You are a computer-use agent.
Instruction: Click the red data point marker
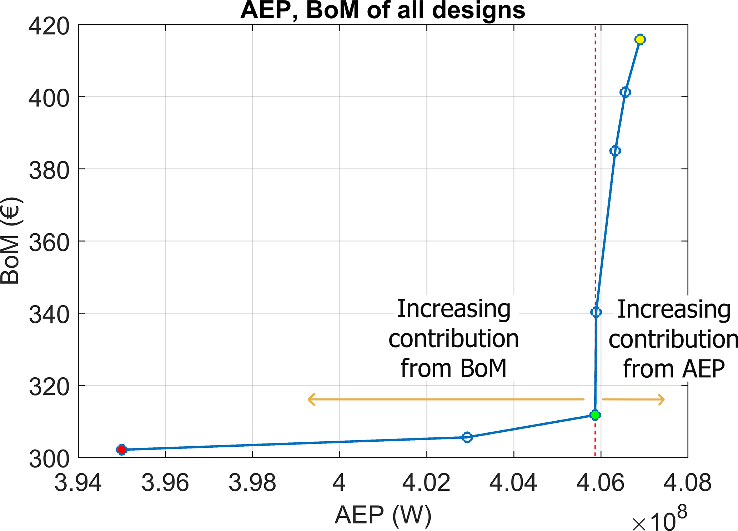[122, 449]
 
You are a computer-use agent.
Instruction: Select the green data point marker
[595, 415]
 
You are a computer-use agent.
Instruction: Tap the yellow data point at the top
[640, 39]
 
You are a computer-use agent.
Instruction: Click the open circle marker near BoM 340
[596, 312]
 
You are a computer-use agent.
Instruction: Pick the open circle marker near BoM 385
[615, 151]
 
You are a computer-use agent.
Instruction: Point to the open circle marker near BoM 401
[625, 92]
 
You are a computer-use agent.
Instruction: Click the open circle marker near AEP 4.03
[467, 437]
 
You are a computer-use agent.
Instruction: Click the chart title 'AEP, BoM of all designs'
[383, 11]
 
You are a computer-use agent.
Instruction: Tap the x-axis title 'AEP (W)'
[383, 515]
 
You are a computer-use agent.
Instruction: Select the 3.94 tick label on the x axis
[78, 483]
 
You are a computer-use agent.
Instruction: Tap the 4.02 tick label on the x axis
[426, 483]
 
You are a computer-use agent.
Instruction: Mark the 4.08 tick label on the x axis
[687, 483]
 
